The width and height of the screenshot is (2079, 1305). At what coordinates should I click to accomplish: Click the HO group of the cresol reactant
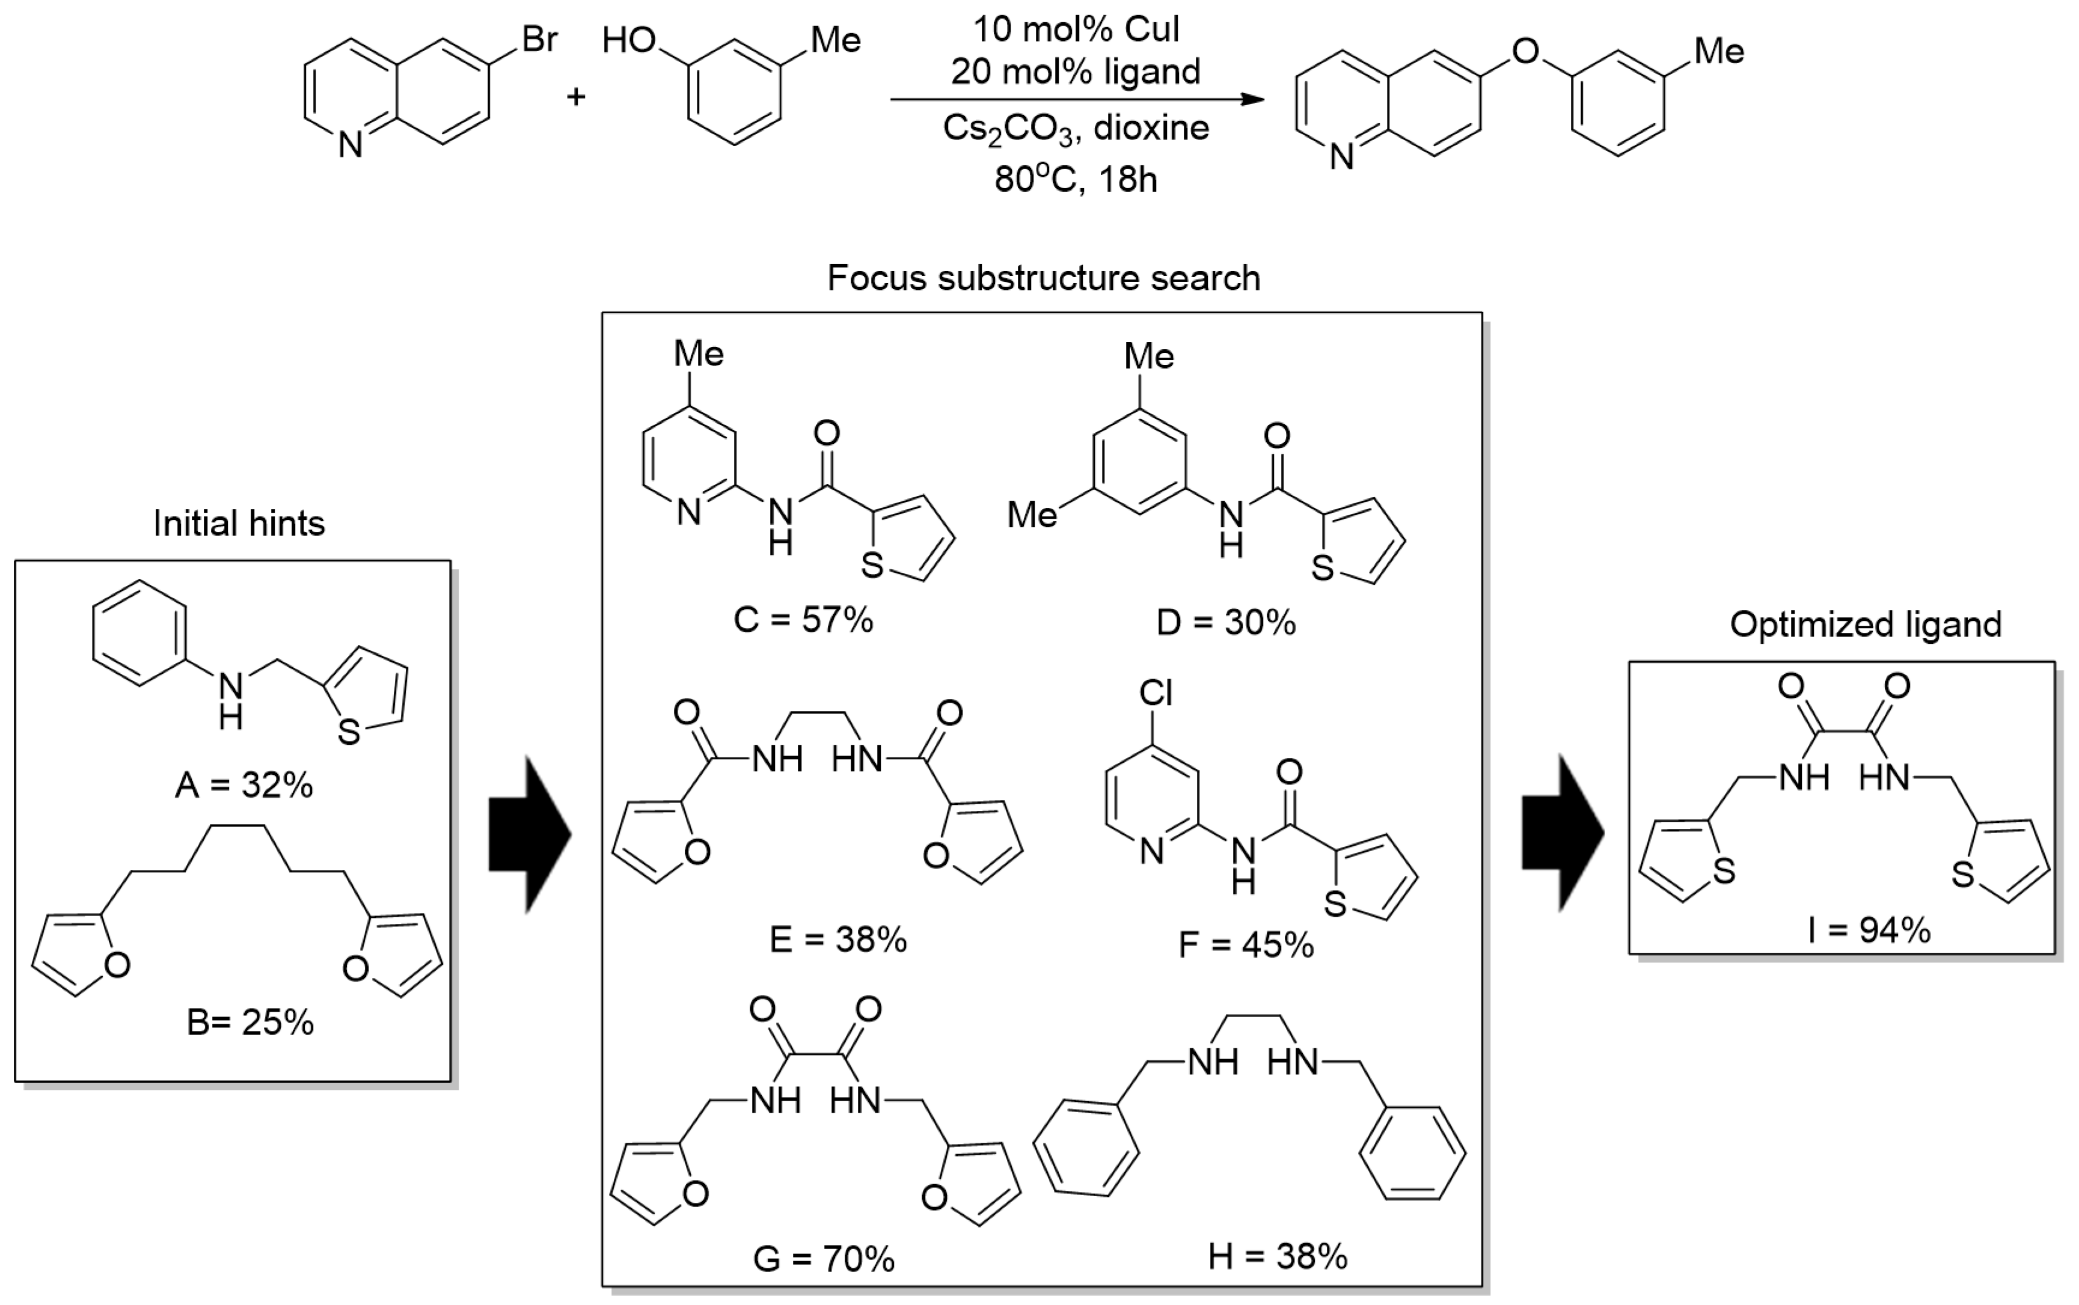click(x=629, y=40)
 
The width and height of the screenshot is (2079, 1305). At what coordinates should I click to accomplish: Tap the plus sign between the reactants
click(x=575, y=96)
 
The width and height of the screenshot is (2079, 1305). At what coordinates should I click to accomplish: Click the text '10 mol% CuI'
click(x=1076, y=29)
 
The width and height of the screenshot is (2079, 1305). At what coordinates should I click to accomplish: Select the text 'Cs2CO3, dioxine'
click(x=1076, y=129)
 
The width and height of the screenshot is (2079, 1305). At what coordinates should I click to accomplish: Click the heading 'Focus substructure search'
click(x=1043, y=278)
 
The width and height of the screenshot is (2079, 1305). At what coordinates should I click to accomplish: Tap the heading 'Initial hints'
click(x=239, y=523)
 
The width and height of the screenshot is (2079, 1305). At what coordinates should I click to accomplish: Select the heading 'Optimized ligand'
click(x=1865, y=624)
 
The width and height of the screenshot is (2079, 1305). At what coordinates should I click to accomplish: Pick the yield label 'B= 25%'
click(x=250, y=1022)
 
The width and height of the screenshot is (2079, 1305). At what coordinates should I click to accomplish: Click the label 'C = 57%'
click(x=803, y=620)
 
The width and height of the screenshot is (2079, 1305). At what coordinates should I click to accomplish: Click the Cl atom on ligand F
click(x=1156, y=692)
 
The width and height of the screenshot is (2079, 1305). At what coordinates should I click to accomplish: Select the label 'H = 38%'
click(x=1277, y=1257)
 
